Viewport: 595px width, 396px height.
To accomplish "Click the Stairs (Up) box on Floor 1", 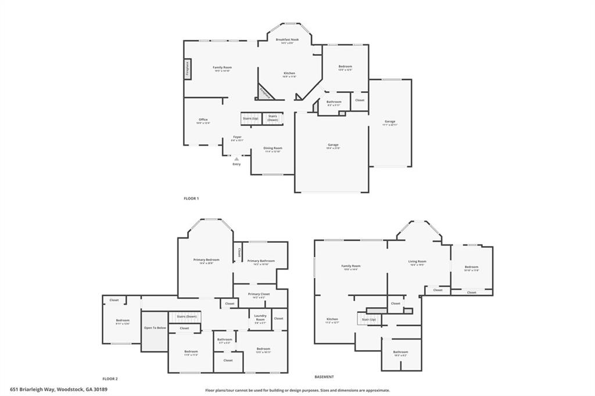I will pos(250,118).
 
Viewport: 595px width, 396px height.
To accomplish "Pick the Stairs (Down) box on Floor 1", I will pos(273,118).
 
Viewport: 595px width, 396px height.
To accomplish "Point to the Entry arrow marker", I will pos(236,158).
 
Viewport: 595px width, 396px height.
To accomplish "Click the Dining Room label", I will pos(273,149).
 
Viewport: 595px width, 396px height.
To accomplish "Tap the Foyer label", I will pos(237,138).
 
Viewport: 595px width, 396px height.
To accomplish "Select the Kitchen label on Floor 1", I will pos(289,74).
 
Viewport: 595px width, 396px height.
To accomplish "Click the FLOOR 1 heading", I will pos(191,199).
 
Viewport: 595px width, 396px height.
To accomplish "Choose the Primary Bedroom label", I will pos(206,261).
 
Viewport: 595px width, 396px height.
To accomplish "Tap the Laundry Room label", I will pos(260,317).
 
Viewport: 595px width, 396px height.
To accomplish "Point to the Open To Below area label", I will pos(155,328).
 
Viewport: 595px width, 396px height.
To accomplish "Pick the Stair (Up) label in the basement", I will pos(369,319).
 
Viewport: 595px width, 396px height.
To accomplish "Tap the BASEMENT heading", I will pos(324,377).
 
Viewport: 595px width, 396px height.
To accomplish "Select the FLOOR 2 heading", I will pos(110,377).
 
